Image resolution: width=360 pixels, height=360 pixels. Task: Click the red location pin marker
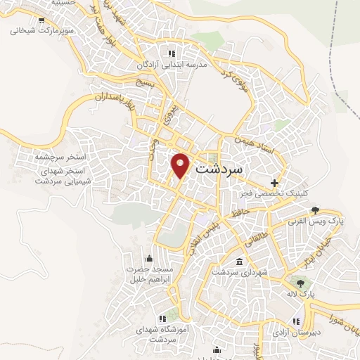click(181, 165)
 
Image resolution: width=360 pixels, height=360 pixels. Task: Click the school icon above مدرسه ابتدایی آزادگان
click(169, 53)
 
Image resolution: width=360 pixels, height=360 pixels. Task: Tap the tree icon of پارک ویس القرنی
click(315, 210)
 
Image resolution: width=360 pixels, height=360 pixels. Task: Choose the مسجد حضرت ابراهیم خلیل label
click(149, 274)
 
